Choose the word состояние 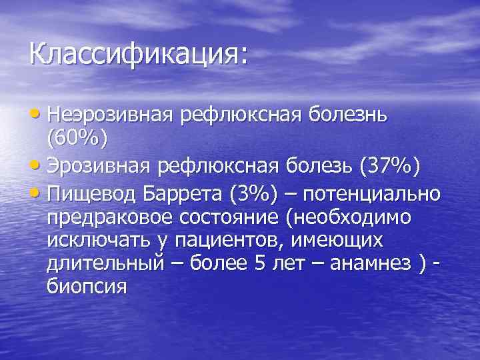pos(222,218)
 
